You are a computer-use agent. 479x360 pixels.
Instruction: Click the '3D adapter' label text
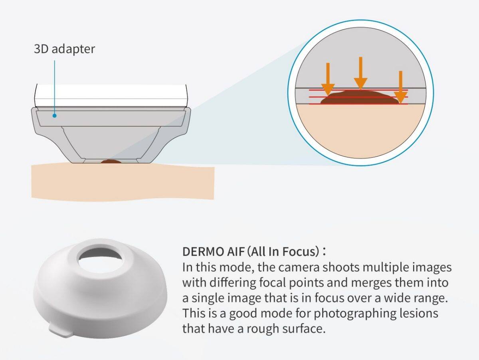pyautogui.click(x=64, y=49)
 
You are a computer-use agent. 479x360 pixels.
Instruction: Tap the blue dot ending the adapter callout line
pyautogui.click(x=55, y=115)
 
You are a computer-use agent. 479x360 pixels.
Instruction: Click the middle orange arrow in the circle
pyautogui.click(x=360, y=73)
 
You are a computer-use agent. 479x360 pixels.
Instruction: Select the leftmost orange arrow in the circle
pyautogui.click(x=328, y=80)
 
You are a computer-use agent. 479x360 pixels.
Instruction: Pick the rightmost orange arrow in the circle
pyautogui.click(x=400, y=87)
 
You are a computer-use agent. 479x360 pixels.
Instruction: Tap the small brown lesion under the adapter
pyautogui.click(x=111, y=161)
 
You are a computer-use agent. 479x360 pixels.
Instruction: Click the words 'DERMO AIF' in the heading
pyautogui.click(x=213, y=252)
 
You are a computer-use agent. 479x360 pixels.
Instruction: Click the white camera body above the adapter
pyautogui.click(x=111, y=95)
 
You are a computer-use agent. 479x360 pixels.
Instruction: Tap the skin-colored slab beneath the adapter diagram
pyautogui.click(x=123, y=181)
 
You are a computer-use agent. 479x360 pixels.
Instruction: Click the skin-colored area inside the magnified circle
pyautogui.click(x=360, y=131)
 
